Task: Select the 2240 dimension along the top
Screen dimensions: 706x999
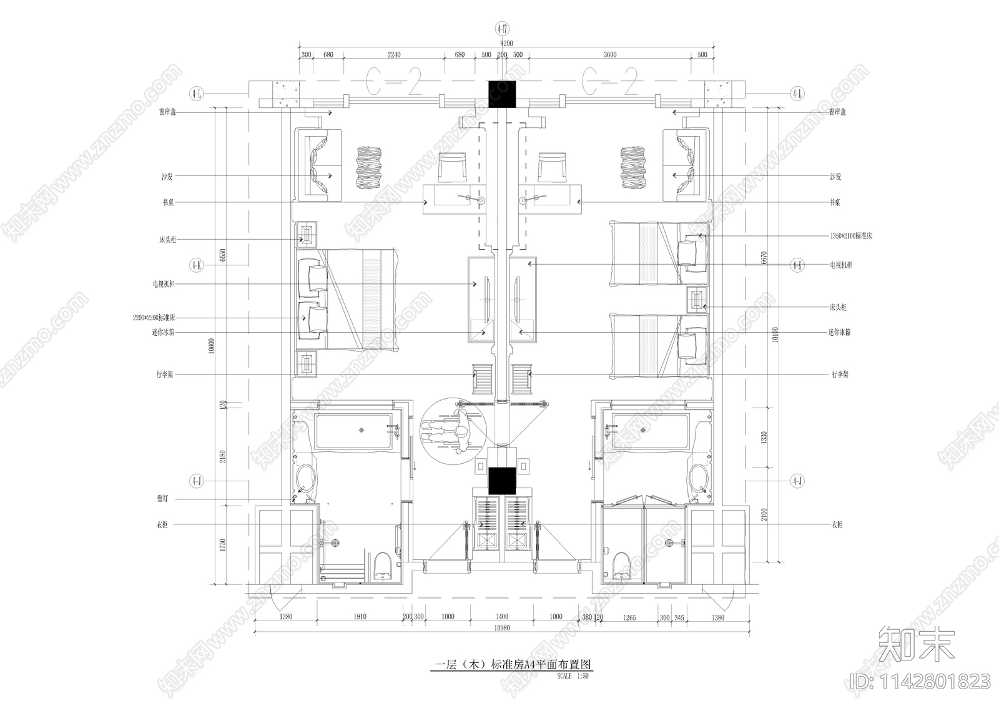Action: [x=394, y=54]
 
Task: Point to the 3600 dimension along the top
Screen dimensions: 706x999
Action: [x=609, y=54]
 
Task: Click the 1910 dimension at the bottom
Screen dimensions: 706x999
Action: [x=360, y=617]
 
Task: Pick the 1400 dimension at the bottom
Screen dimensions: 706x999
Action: [x=501, y=617]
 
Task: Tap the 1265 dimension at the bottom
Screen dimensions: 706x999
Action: [x=629, y=617]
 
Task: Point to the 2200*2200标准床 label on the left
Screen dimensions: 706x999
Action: [x=154, y=318]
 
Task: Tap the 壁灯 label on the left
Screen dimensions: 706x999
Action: [x=162, y=499]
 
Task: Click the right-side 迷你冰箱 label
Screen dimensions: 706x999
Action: [x=840, y=333]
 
